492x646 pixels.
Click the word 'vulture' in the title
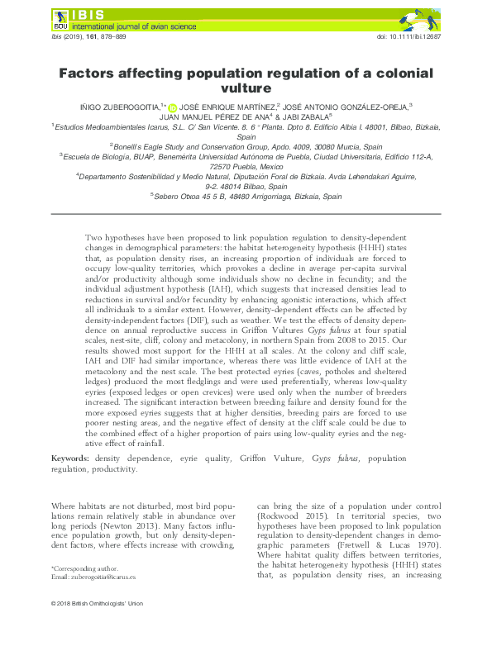(x=245, y=88)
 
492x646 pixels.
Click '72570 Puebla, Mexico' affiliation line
(x=245, y=164)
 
